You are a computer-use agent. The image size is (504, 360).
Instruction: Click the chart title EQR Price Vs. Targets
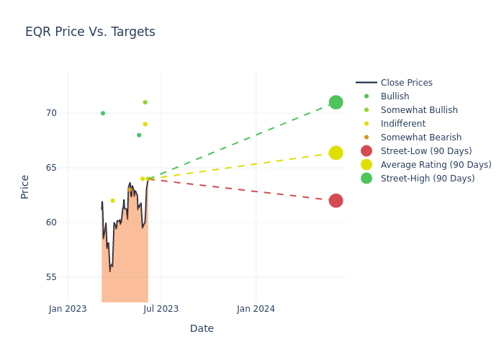pyautogui.click(x=90, y=32)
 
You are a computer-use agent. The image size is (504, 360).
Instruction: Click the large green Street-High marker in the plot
pyautogui.click(x=336, y=102)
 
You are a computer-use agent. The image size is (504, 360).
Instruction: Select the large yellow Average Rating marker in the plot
pyautogui.click(x=336, y=153)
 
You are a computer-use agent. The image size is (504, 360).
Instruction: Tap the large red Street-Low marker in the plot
pyautogui.click(x=336, y=200)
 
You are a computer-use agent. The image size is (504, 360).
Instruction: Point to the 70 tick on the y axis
pyautogui.click(x=51, y=113)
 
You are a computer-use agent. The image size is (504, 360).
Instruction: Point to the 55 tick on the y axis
pyautogui.click(x=51, y=277)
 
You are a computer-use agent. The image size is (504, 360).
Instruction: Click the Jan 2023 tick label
pyautogui.click(x=68, y=309)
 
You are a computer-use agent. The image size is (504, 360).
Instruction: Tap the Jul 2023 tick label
pyautogui.click(x=161, y=309)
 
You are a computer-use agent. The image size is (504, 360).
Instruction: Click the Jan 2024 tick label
pyautogui.click(x=256, y=309)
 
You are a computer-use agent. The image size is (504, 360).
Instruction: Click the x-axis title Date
pyautogui.click(x=202, y=328)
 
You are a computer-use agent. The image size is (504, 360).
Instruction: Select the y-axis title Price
pyautogui.click(x=25, y=186)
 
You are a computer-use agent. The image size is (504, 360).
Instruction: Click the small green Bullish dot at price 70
pyautogui.click(x=103, y=113)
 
